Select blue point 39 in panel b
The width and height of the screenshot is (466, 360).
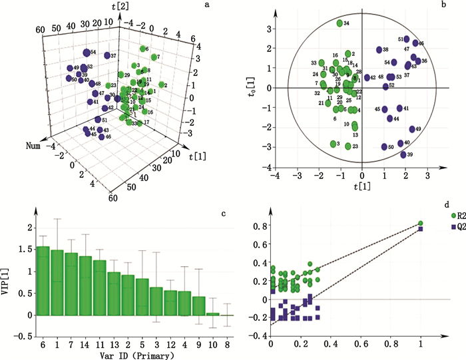click(x=403, y=155)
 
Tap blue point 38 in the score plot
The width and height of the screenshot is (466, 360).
click(x=379, y=50)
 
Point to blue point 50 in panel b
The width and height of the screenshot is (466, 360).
click(x=384, y=147)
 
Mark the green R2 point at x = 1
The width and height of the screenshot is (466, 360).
click(x=421, y=224)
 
